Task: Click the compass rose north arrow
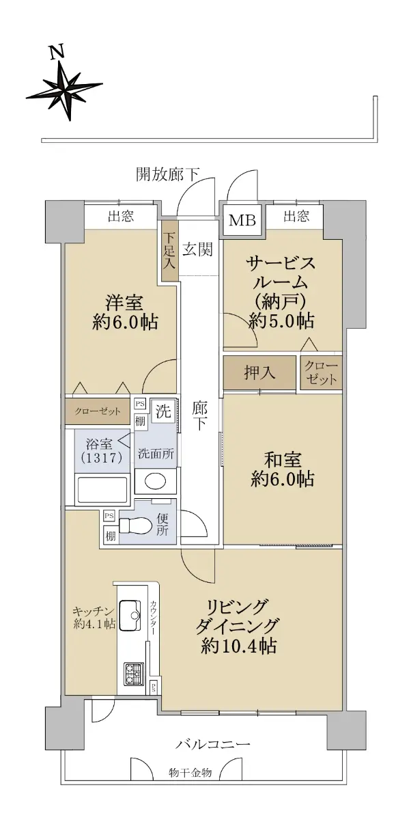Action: click(64, 88)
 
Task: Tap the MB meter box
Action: click(242, 220)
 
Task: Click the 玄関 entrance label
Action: click(197, 250)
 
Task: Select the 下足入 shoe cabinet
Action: click(169, 251)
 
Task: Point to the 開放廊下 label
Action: click(168, 174)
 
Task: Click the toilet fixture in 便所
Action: click(135, 526)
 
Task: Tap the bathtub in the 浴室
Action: click(102, 489)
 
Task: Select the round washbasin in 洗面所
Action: click(156, 481)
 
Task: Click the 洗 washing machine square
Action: click(163, 412)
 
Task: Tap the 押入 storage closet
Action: click(259, 372)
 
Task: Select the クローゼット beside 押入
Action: click(321, 372)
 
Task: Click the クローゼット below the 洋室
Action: click(98, 411)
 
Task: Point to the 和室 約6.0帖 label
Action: click(282, 469)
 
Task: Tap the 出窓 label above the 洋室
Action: click(121, 217)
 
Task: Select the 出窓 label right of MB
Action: click(296, 217)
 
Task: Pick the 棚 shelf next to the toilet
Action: click(111, 536)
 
